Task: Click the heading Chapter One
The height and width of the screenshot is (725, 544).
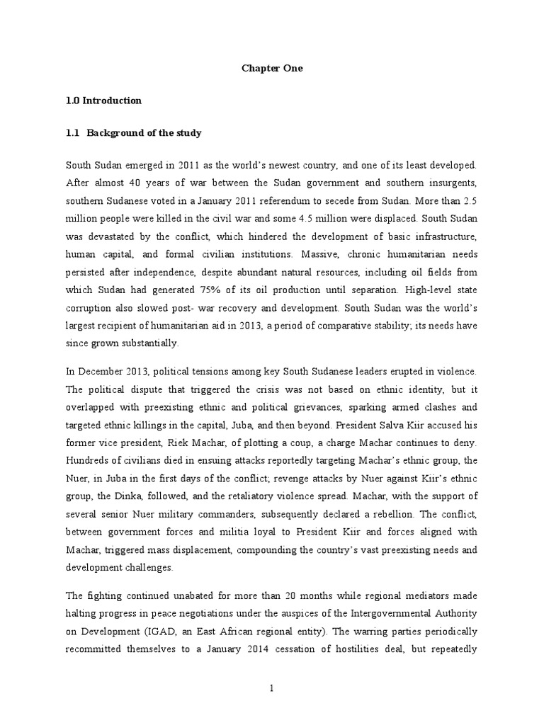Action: pos(272,69)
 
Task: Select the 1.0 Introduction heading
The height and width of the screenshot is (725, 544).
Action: pos(103,101)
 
